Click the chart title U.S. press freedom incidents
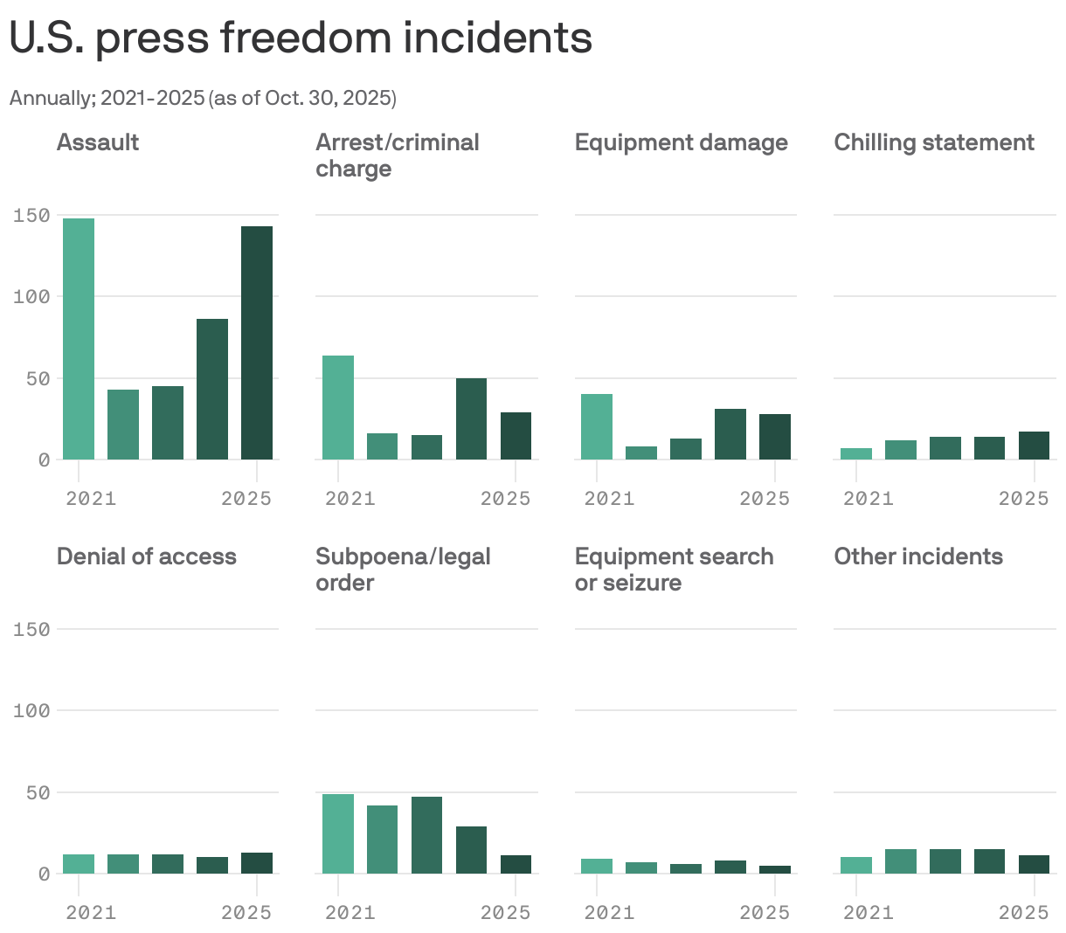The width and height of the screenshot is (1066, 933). tap(301, 38)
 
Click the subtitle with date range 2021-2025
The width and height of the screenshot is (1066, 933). tap(203, 98)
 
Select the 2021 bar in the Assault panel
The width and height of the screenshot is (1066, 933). tap(79, 339)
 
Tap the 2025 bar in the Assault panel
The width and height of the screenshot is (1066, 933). tap(257, 342)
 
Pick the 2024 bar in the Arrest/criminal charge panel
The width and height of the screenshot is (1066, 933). tap(471, 418)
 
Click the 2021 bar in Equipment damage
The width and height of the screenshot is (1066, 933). tap(597, 426)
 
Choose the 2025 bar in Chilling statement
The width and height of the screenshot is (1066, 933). tap(1034, 446)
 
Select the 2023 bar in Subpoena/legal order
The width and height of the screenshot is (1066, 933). tap(426, 835)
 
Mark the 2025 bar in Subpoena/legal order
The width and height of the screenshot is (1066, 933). tap(516, 864)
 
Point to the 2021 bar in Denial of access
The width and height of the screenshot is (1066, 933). tap(79, 864)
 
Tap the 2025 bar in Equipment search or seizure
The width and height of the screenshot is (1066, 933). tap(775, 869)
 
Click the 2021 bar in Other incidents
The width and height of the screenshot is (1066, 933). tap(856, 865)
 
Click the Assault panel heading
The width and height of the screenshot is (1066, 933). tap(98, 142)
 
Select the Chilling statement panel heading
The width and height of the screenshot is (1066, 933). tap(934, 142)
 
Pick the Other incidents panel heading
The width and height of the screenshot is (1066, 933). tap(918, 556)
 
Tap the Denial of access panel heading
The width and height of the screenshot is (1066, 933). tap(147, 556)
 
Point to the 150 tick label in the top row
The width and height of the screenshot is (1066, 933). tap(31, 215)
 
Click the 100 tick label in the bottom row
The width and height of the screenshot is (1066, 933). tap(31, 711)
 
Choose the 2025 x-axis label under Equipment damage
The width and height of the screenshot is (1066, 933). tap(765, 499)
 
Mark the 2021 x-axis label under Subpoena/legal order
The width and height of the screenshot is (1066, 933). tap(350, 913)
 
